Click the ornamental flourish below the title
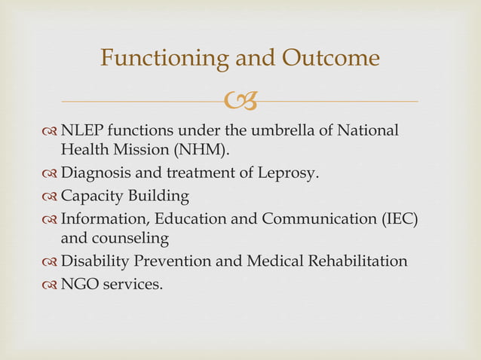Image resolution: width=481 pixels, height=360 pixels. [240, 98]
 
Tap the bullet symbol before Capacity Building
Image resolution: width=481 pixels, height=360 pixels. [51, 197]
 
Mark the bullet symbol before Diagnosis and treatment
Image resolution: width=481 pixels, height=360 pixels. [51, 174]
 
